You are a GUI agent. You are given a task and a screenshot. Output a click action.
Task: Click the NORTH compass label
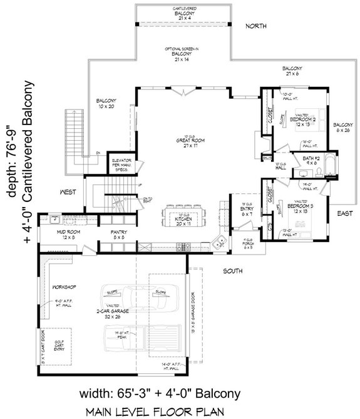pos(256,26)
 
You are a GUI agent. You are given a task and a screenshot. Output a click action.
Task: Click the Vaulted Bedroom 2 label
pos(289,116)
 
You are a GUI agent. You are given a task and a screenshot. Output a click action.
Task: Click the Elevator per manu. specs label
pos(120,163)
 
